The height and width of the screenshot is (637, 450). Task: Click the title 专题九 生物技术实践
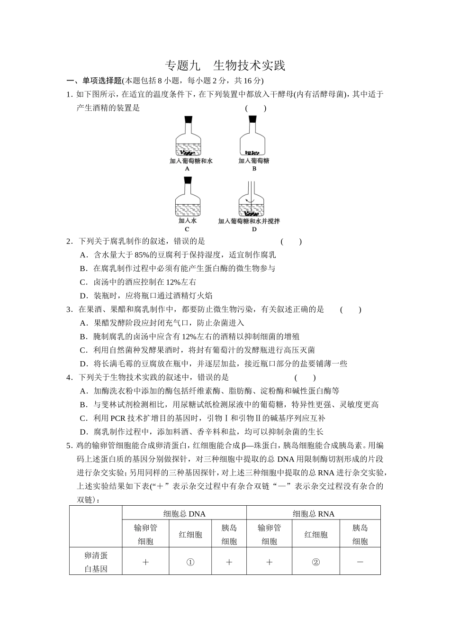coord(225,65)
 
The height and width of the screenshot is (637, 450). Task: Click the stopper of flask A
coord(188,120)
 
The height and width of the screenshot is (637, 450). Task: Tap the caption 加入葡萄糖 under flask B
coord(254,161)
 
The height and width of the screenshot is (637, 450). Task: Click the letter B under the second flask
coord(254,169)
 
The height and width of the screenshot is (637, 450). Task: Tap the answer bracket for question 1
coord(256,108)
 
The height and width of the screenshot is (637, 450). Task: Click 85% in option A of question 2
coord(142,255)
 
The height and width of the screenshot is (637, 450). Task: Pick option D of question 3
coord(213,364)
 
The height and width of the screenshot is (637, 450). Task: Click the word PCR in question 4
coord(117,419)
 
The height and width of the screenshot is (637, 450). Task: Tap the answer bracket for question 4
coord(305,378)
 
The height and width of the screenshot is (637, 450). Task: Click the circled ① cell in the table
coord(190,562)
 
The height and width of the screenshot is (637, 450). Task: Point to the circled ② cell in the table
coord(316,562)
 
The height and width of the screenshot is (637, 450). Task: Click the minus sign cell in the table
coord(360,562)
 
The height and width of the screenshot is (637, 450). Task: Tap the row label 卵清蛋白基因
coord(96,562)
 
